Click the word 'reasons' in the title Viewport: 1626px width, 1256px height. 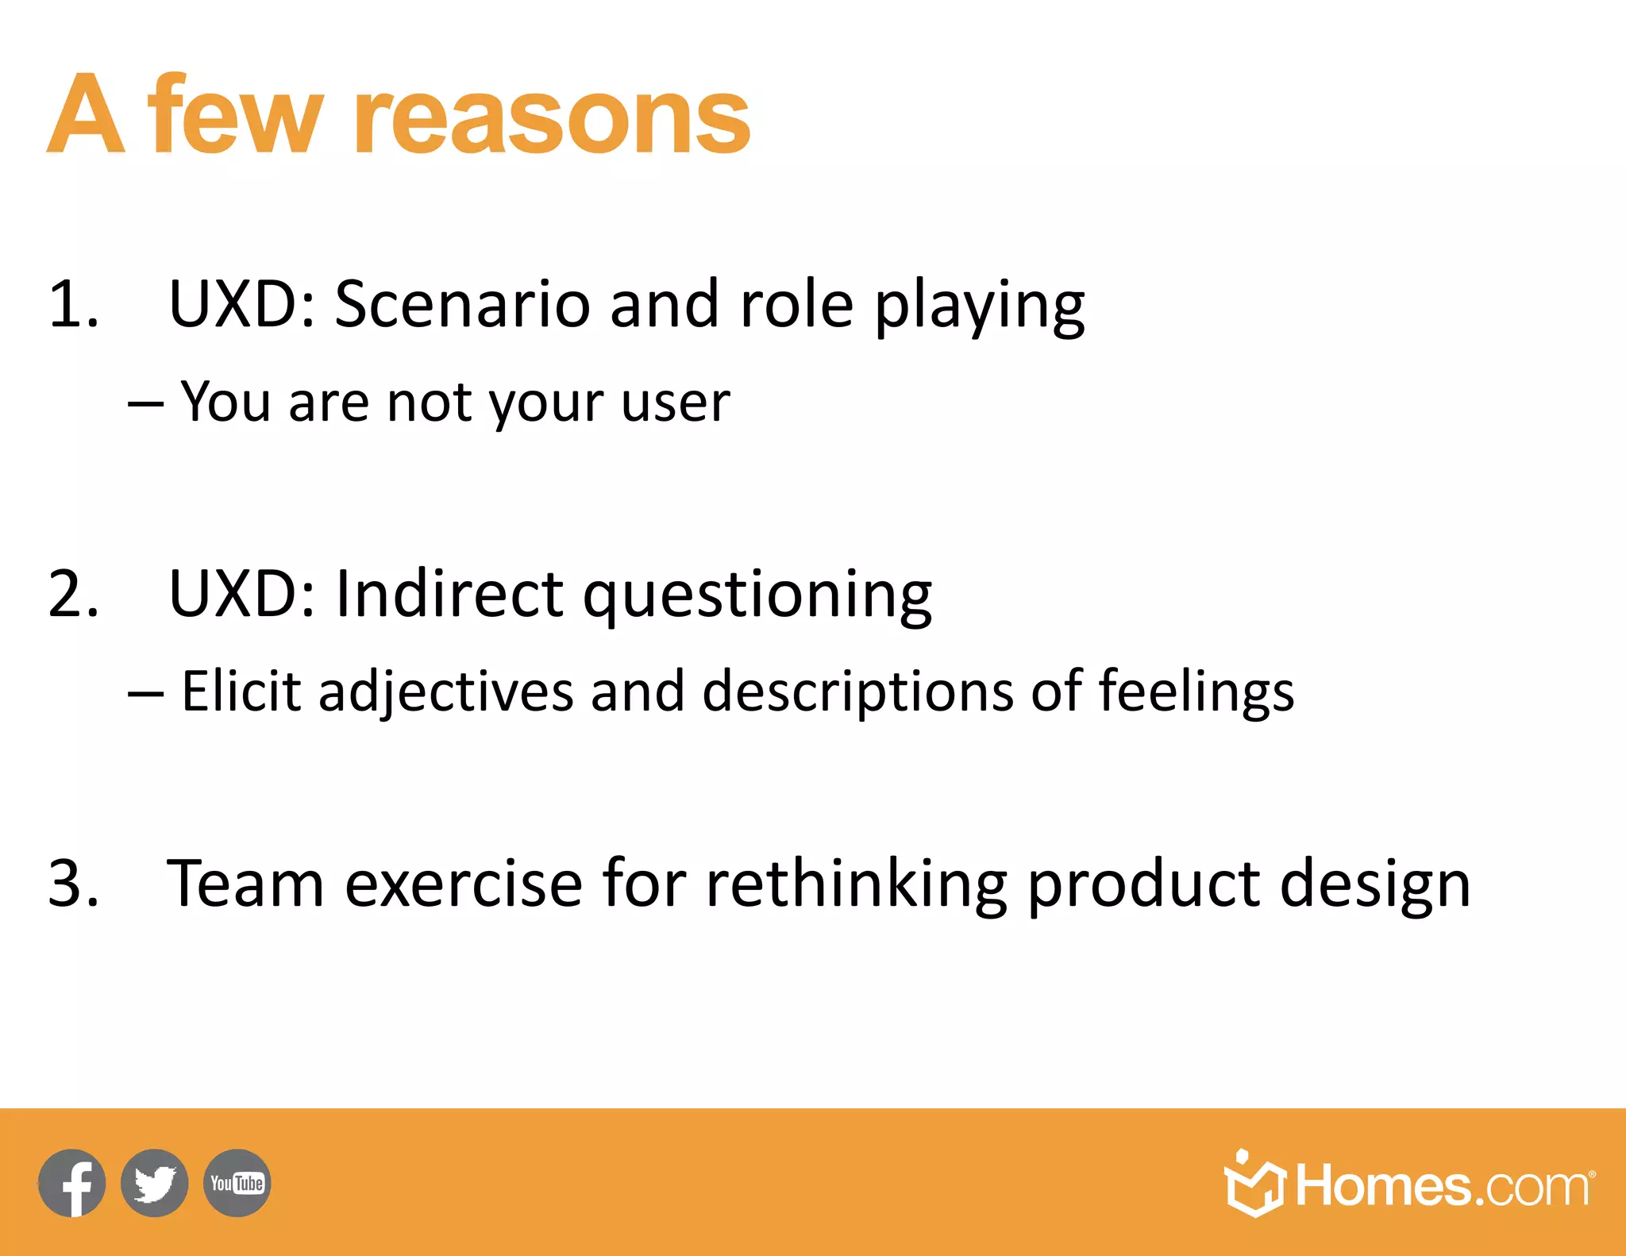point(552,119)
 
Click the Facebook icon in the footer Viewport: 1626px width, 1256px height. point(72,1183)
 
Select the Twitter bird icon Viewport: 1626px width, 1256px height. point(155,1183)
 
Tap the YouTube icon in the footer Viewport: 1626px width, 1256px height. point(237,1183)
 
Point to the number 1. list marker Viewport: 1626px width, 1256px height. point(73,304)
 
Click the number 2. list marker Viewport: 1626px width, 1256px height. point(73,594)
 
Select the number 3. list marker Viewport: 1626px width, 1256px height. point(73,884)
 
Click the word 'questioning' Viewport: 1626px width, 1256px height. point(757,597)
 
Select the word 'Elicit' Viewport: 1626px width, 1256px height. point(241,691)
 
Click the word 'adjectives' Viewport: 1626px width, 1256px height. point(445,692)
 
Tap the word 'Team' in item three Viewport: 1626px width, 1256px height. point(245,884)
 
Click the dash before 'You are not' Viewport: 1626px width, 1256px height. point(145,404)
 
